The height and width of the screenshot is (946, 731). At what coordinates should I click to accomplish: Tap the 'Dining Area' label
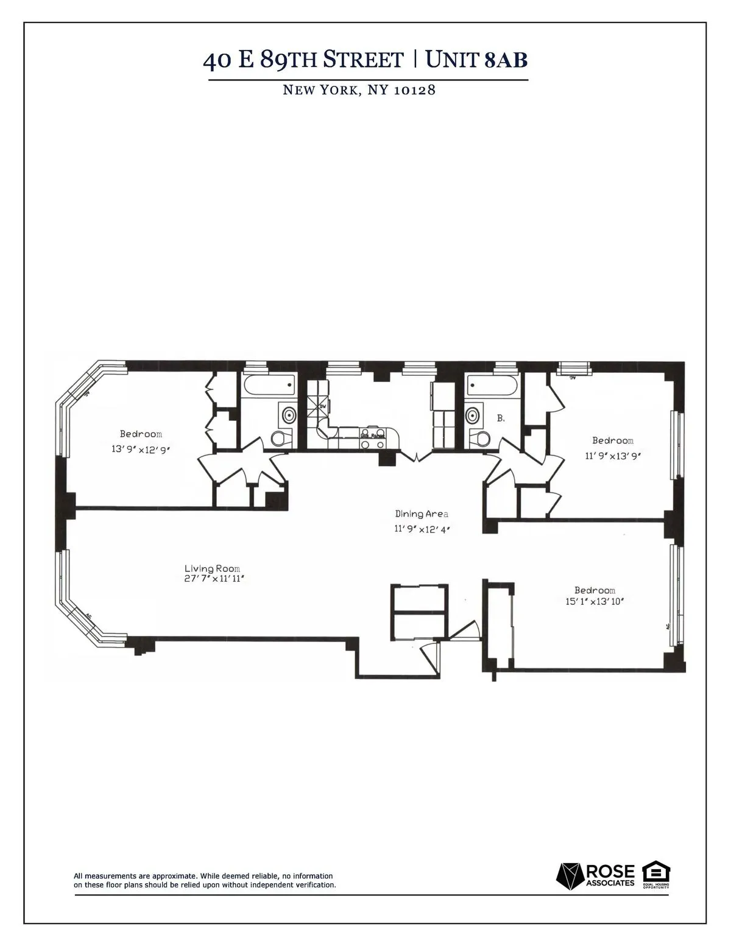pos(422,514)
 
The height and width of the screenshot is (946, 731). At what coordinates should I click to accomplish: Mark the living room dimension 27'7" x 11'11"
pos(214,579)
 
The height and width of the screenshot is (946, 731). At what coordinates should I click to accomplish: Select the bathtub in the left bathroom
pos(268,385)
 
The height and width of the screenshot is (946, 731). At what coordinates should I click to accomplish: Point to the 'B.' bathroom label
pos(501,418)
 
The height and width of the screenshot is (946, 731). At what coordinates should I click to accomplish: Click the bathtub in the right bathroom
pos(492,385)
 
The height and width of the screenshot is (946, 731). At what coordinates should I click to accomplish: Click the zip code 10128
pos(415,91)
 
